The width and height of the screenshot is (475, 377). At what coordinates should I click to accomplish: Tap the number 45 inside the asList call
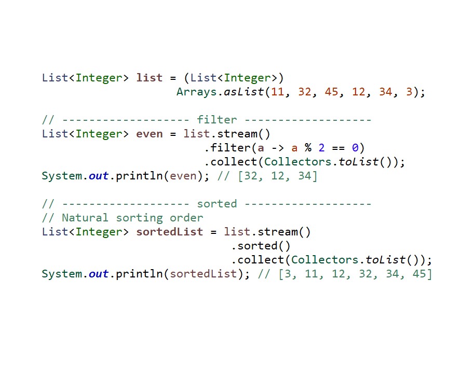pos(332,92)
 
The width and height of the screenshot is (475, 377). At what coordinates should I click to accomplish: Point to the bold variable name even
pos(150,134)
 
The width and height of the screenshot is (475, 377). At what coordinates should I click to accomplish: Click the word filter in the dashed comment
pos(216,120)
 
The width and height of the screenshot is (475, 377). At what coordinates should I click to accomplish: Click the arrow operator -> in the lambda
pos(278,148)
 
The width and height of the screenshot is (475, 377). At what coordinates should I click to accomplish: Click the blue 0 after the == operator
pos(355,148)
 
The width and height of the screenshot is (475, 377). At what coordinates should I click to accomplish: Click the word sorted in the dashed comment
pos(216,204)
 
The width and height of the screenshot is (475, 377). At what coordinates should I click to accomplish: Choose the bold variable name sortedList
pos(170,232)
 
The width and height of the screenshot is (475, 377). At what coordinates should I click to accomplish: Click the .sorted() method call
pos(261,246)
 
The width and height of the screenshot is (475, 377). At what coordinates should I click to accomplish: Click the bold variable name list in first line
pos(150,78)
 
